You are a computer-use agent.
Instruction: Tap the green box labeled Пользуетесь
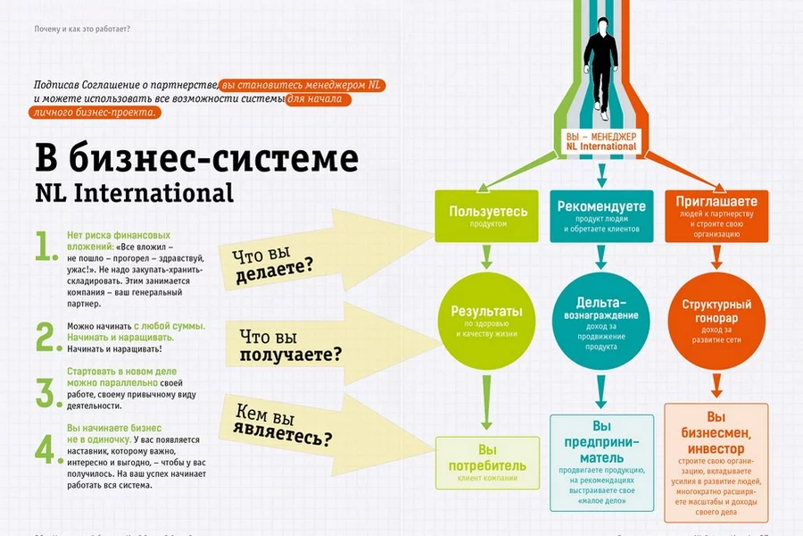[x=488, y=217]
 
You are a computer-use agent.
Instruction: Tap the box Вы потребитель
[x=488, y=463]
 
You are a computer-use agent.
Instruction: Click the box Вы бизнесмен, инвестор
[x=716, y=463]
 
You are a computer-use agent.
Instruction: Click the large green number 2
[x=46, y=337]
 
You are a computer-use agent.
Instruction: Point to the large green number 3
[x=46, y=391]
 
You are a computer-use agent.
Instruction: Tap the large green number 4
[x=46, y=449]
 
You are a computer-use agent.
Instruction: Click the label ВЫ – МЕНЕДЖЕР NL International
[x=601, y=139]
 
